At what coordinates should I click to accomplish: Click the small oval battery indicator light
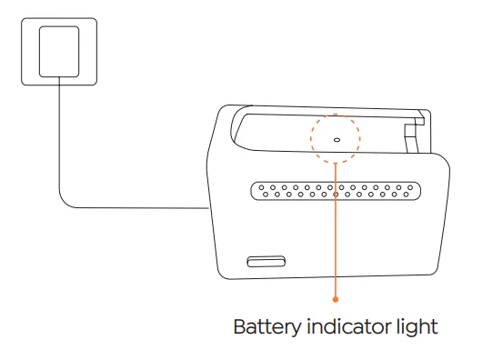tap(337, 140)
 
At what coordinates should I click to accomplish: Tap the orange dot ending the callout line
tap(336, 299)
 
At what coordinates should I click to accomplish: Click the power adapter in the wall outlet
tap(59, 52)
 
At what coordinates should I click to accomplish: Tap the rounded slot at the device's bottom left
tap(266, 262)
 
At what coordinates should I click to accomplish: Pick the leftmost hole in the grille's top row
tap(261, 187)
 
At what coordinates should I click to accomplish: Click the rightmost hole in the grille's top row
tap(410, 187)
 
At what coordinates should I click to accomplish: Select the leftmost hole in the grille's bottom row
tap(266, 195)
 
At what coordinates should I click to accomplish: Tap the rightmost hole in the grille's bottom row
tap(406, 195)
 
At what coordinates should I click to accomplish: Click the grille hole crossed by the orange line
tap(336, 195)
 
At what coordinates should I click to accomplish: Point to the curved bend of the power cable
tap(65, 203)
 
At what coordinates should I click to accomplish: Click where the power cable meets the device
tap(209, 208)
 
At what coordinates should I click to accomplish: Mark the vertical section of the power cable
tap(59, 135)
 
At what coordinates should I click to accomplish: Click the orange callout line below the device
tap(336, 287)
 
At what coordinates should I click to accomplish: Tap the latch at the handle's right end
tap(413, 133)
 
